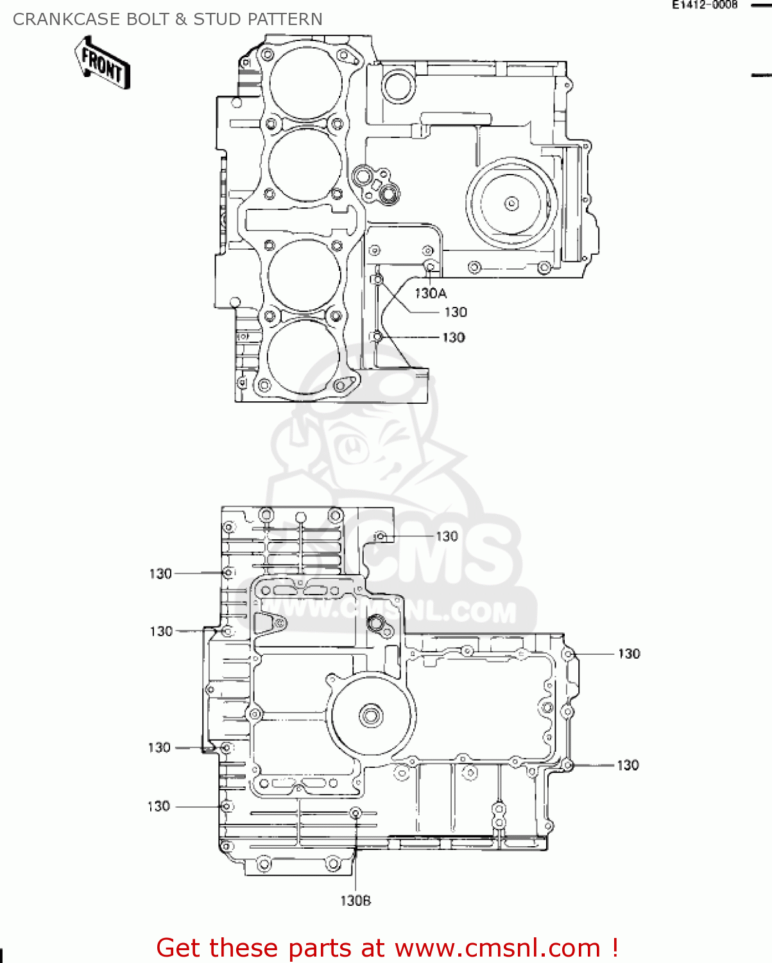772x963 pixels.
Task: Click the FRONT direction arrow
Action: point(103,63)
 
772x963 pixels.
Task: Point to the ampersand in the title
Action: point(181,19)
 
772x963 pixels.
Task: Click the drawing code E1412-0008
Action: point(704,5)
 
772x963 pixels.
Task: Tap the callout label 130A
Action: point(430,293)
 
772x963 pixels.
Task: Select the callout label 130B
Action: point(356,901)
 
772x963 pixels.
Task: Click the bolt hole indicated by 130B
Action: point(356,813)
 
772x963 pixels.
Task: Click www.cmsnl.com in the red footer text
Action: point(497,948)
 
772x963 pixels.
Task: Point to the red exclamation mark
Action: point(615,948)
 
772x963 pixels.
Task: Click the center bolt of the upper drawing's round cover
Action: point(511,204)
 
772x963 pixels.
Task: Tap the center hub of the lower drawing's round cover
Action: point(371,715)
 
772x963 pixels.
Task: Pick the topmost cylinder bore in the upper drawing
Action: point(305,82)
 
